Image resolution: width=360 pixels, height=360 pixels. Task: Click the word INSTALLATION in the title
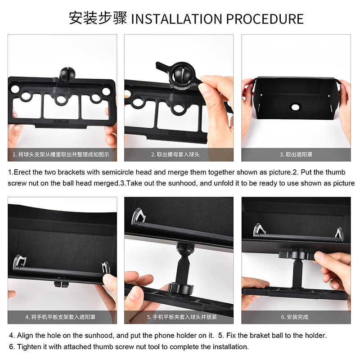point(176,19)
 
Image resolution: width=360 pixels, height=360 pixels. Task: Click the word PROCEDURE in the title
point(265,19)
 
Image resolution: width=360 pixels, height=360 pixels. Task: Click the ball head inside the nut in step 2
point(181,73)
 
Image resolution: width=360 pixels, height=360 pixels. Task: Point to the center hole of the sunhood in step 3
point(296,107)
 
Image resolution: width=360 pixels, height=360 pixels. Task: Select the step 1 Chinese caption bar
point(62,154)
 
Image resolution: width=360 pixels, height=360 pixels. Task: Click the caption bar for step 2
point(179,154)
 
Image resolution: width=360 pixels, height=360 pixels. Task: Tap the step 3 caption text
point(296,154)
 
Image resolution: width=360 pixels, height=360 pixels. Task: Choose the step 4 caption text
point(60,317)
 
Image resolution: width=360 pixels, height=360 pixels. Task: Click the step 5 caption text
point(182,317)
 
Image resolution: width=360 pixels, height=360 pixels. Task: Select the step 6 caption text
point(295,317)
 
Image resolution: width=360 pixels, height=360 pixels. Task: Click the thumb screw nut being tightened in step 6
point(297,254)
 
